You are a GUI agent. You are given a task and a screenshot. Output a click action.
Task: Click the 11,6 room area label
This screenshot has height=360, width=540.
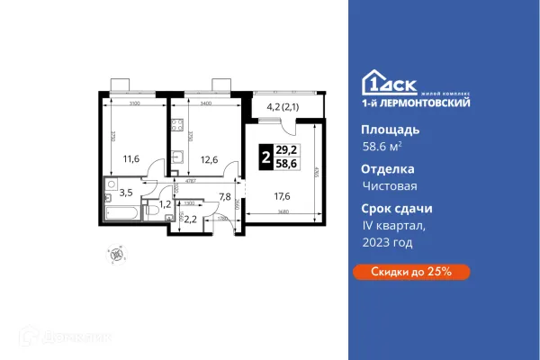130,159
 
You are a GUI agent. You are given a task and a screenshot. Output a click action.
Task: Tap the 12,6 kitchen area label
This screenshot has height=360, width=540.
209,162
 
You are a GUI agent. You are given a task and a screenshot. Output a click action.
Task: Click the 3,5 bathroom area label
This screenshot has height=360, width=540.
127,193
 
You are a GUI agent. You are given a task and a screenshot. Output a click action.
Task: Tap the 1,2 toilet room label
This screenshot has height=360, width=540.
164,204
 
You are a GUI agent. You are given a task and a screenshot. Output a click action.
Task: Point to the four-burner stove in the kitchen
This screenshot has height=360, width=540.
176,127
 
